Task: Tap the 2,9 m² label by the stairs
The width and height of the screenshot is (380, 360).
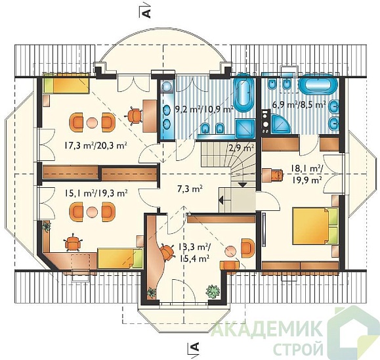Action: click(x=242, y=148)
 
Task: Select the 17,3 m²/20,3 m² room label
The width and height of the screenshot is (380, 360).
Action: click(x=96, y=146)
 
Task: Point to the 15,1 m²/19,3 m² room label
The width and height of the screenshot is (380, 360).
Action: click(x=96, y=193)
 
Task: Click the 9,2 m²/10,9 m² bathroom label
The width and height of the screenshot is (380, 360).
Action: click(x=204, y=110)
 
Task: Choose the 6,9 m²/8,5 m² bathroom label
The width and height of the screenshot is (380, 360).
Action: click(x=299, y=104)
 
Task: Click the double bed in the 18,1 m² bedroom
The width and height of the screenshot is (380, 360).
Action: click(x=315, y=226)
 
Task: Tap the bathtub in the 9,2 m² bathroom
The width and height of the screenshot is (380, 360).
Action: click(x=243, y=93)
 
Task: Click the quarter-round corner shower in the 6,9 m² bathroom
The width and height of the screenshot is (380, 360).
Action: click(x=280, y=124)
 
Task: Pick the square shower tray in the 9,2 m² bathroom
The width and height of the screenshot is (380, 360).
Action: click(x=245, y=127)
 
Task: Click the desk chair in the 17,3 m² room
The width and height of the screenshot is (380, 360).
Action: click(x=134, y=116)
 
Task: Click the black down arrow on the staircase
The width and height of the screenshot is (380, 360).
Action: click(x=243, y=185)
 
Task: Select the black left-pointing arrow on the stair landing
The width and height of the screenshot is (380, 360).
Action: click(x=221, y=200)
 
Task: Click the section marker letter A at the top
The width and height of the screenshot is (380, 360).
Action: click(x=147, y=14)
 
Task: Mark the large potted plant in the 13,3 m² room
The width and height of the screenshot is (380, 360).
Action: click(x=213, y=291)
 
